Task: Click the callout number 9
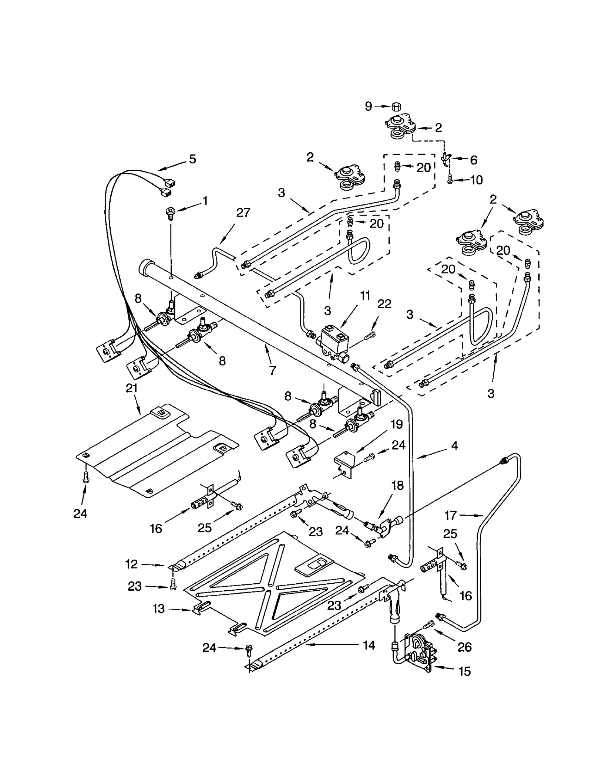[x=368, y=106]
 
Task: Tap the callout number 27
[x=243, y=213]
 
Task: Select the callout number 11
[x=365, y=296]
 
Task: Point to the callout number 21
[x=132, y=388]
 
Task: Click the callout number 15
[x=465, y=671]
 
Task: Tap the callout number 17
[x=450, y=515]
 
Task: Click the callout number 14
[x=369, y=645]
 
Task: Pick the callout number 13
[x=158, y=609]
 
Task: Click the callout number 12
[x=132, y=564]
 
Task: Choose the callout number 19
[x=397, y=424]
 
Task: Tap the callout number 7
[x=273, y=370]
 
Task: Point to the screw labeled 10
[x=450, y=180]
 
